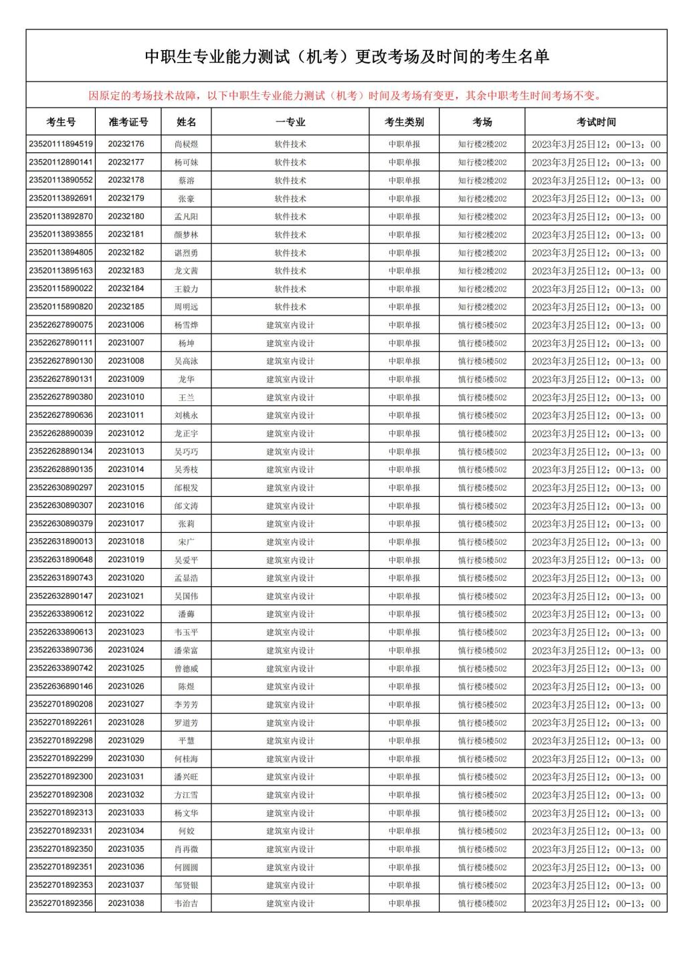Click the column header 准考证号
pyautogui.click(x=128, y=122)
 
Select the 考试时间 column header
pyautogui.click(x=595, y=122)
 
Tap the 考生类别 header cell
pyautogui.click(x=404, y=122)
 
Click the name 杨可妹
pyautogui.click(x=187, y=162)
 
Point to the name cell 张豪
pyautogui.click(x=187, y=199)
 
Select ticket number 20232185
pyautogui.click(x=126, y=307)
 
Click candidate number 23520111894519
pyautogui.click(x=61, y=144)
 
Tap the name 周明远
pyautogui.click(x=187, y=307)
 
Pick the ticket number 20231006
pyautogui.click(x=126, y=325)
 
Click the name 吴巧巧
pyautogui.click(x=187, y=451)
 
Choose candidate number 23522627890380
pyautogui.click(x=61, y=397)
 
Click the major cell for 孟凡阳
pyautogui.click(x=290, y=217)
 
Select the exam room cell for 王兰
pyautogui.click(x=482, y=397)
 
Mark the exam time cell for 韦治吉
pyautogui.click(x=595, y=903)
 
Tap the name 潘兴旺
pyautogui.click(x=187, y=777)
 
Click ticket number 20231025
pyautogui.click(x=126, y=668)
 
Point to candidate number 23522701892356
pyautogui.click(x=61, y=903)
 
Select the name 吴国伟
pyautogui.click(x=187, y=596)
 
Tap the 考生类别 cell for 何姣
pyautogui.click(x=404, y=831)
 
